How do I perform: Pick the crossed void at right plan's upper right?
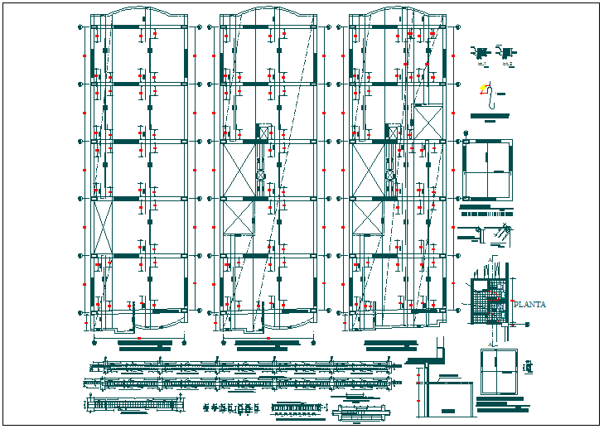pyautogui.click(x=429, y=123)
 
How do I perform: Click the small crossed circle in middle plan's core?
pyautogui.click(x=260, y=176)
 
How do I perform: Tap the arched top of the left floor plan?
pyautogui.click(x=139, y=13)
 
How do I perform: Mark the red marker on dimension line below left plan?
pyautogui.click(x=139, y=338)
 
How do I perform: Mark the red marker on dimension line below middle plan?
pyautogui.click(x=267, y=338)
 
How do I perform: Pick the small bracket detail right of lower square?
pyautogui.click(x=529, y=365)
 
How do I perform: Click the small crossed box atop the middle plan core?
pyautogui.click(x=265, y=130)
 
